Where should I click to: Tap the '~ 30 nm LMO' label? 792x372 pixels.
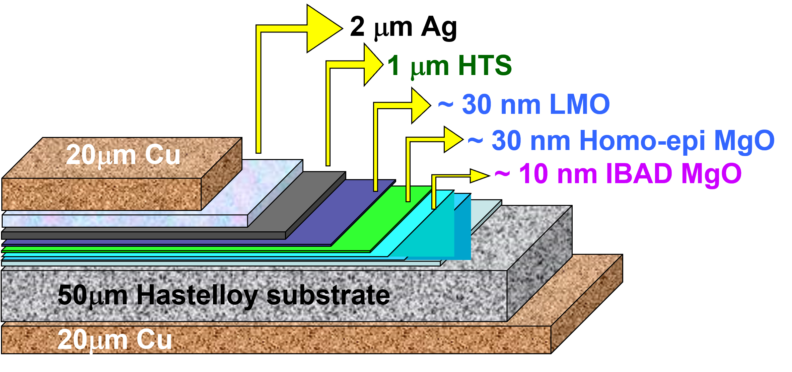click(x=524, y=104)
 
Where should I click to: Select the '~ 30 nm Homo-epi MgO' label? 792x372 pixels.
click(x=621, y=141)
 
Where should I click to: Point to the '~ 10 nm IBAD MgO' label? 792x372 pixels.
click(x=618, y=174)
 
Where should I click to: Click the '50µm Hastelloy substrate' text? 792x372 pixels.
click(x=224, y=295)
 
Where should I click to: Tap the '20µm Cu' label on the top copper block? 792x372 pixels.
click(x=123, y=155)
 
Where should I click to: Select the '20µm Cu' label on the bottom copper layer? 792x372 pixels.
click(x=115, y=340)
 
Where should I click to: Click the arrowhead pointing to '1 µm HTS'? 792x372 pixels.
click(x=372, y=65)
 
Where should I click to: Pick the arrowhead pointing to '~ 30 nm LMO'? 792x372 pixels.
click(x=420, y=105)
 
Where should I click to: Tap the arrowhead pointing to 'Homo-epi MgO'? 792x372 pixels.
click(x=453, y=139)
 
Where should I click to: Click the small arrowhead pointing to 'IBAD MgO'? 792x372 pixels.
click(x=478, y=176)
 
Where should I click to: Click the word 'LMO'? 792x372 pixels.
click(x=580, y=104)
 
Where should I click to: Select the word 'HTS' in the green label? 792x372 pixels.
click(x=485, y=66)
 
